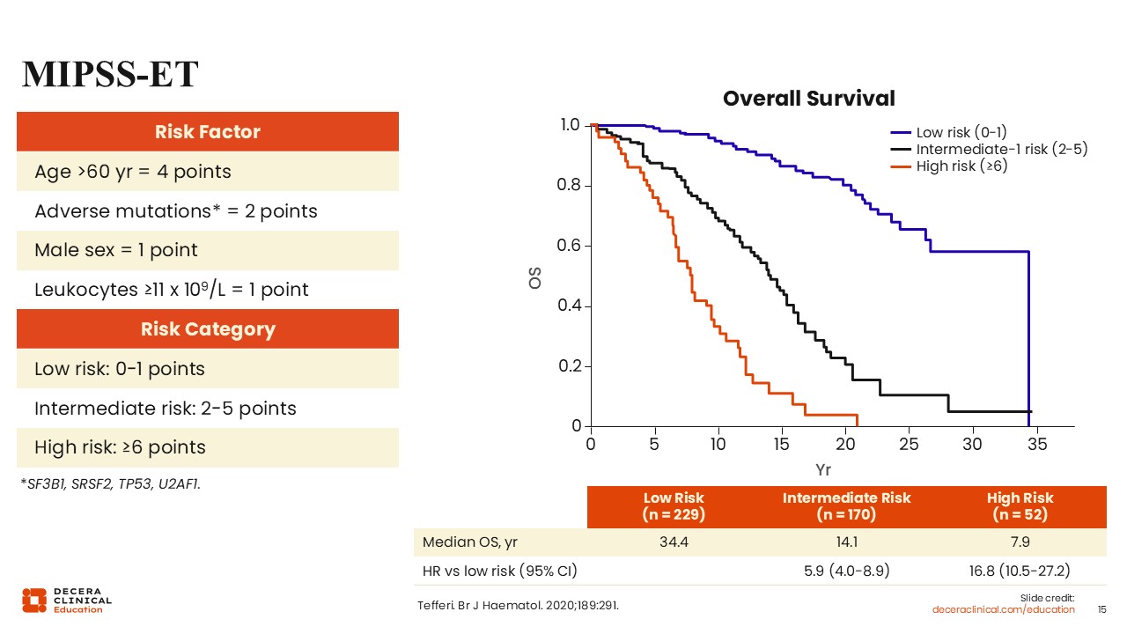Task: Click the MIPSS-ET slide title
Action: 110,76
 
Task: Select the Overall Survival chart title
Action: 808,99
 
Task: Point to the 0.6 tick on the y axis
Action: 571,246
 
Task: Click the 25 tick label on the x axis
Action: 910,445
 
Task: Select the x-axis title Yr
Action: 823,469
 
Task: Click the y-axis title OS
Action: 534,278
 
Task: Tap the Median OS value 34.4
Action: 674,542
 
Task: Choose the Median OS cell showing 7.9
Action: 1020,542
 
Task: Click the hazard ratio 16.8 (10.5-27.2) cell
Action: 1020,571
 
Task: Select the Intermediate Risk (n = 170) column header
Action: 846,505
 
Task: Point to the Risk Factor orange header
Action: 208,132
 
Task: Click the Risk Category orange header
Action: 208,329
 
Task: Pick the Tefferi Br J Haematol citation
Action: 523,605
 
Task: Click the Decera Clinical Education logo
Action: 67,600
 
